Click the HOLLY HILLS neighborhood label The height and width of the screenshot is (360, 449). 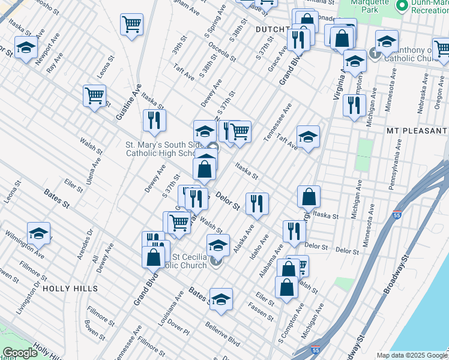[70, 289]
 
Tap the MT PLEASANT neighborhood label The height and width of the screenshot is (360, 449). [417, 130]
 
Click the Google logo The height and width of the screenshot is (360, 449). [19, 353]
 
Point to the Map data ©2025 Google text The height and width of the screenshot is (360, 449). [412, 355]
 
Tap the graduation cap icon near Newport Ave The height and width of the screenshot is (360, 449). [26, 47]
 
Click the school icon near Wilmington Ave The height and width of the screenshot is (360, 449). [38, 233]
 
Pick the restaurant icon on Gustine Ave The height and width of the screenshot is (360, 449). [154, 120]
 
